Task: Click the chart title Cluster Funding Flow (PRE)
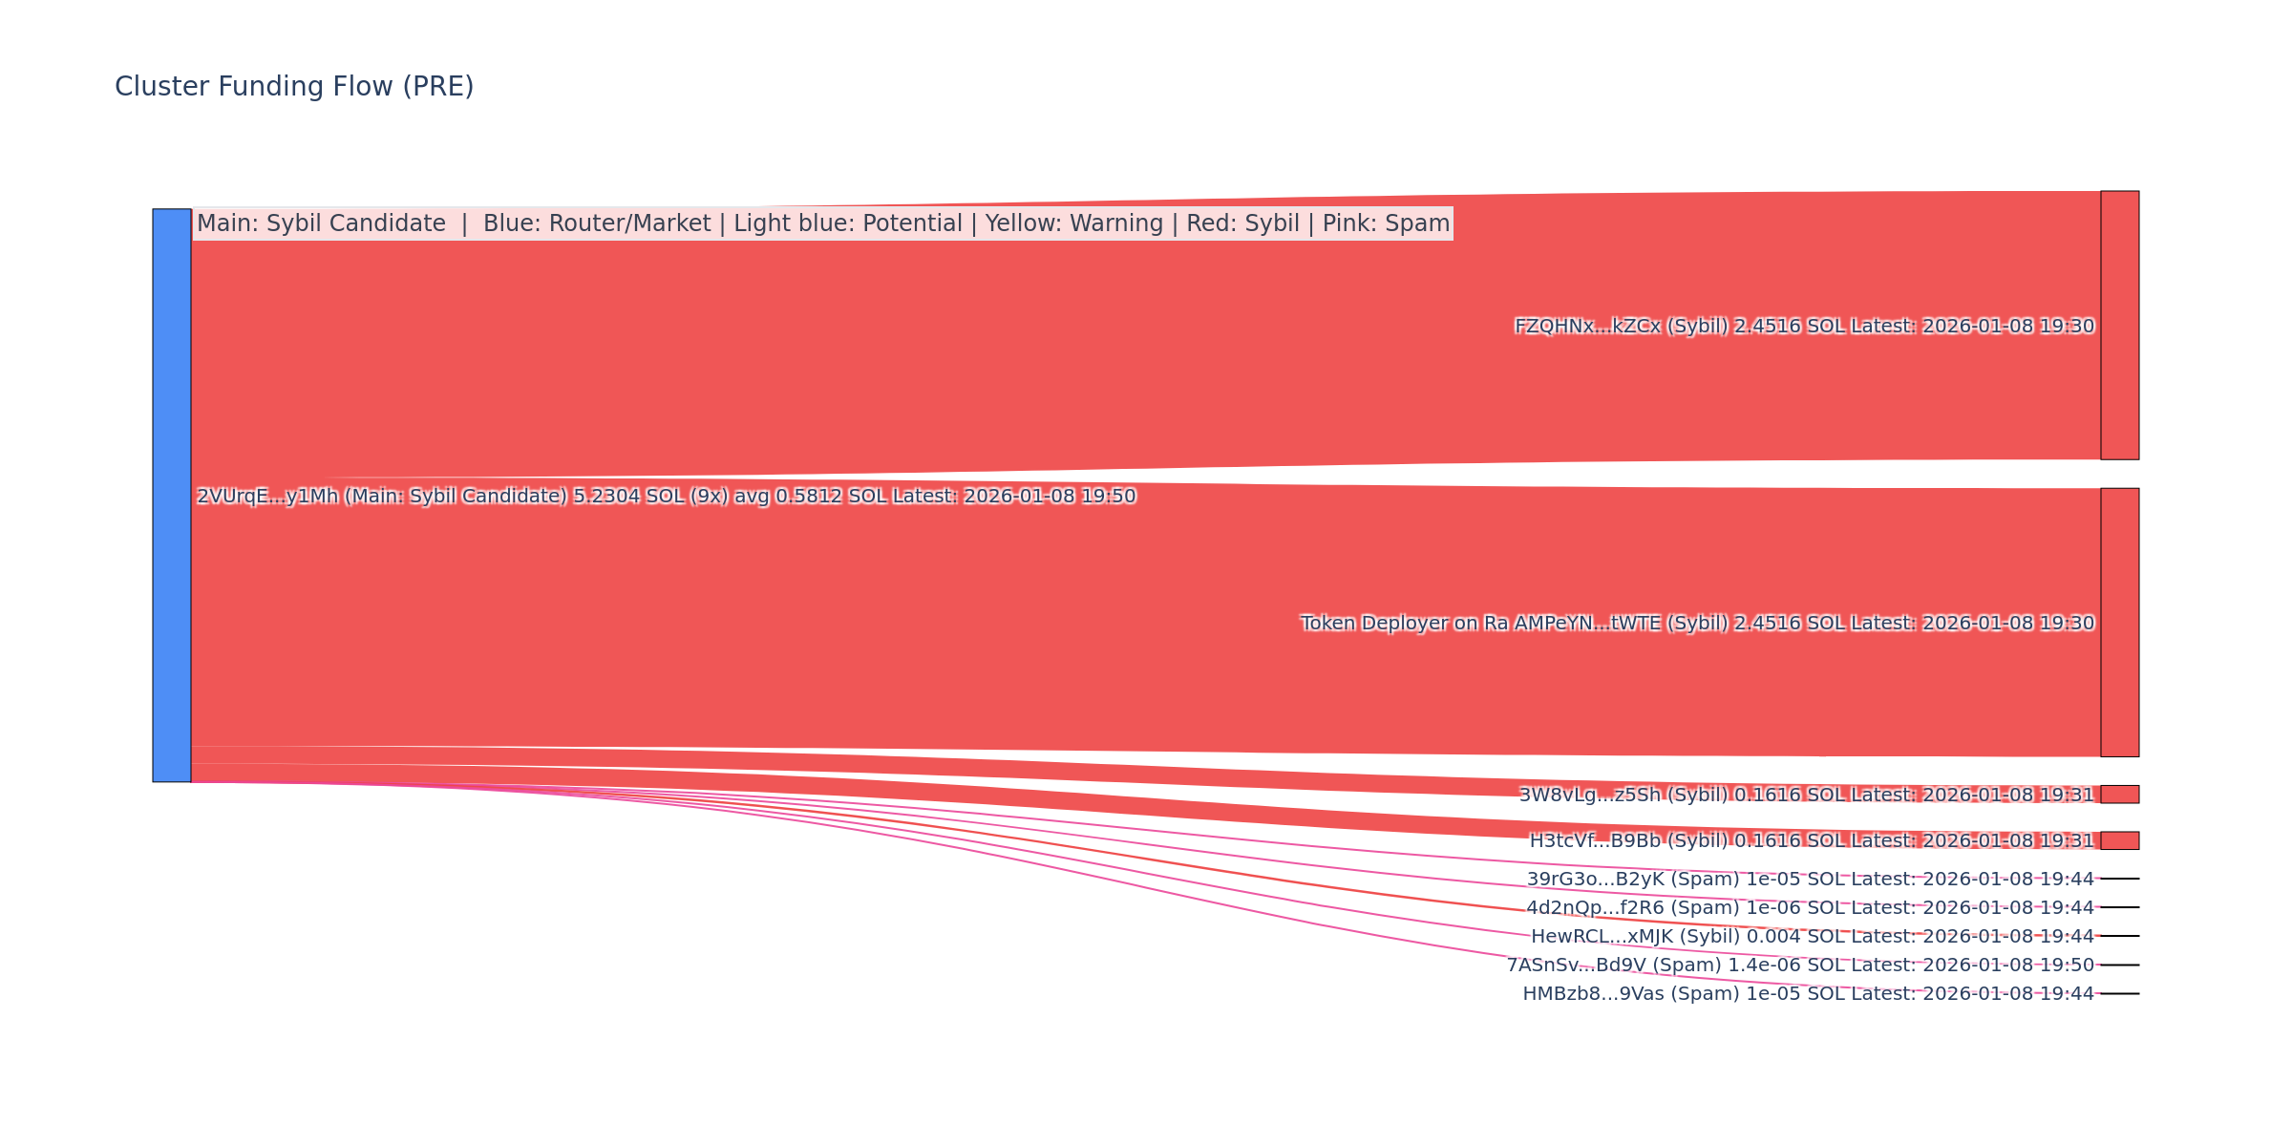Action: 294,87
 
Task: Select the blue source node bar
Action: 172,495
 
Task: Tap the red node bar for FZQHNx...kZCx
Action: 2119,325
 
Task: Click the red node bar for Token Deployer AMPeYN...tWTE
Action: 2119,622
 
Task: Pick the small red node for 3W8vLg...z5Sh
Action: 2119,795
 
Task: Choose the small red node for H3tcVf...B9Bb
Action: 2119,840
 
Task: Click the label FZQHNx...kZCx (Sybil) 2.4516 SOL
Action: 1804,327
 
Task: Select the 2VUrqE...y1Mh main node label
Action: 666,497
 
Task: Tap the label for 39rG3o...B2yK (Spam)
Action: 1810,879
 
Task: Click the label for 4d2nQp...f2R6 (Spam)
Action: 1810,907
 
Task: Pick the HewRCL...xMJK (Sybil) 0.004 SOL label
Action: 1812,937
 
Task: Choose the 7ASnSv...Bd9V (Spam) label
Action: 1800,966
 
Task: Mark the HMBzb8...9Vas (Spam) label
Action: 1808,994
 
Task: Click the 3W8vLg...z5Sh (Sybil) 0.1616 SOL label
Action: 1806,795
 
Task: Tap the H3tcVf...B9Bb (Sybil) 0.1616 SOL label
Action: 1811,840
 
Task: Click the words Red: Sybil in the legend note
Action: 1242,223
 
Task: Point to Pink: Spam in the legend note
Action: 1386,223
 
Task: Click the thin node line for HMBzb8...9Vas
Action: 2119,993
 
